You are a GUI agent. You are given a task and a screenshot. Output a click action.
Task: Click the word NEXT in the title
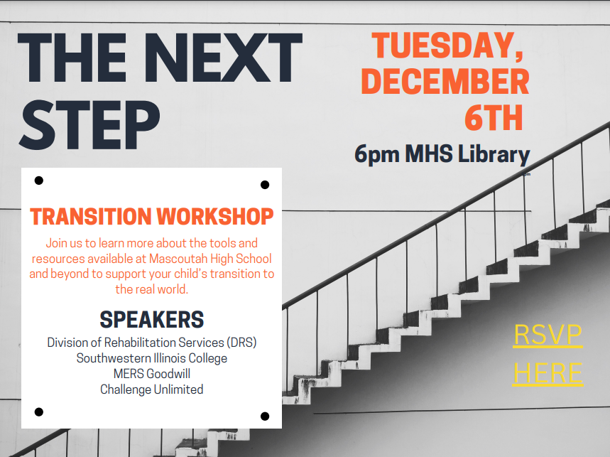(x=224, y=58)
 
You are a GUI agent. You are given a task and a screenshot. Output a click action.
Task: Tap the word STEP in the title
(x=89, y=124)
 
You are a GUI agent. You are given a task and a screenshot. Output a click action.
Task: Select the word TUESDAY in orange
(x=444, y=45)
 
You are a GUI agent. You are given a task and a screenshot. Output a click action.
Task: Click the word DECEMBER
(x=445, y=81)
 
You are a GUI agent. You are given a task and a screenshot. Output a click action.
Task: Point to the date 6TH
(x=494, y=117)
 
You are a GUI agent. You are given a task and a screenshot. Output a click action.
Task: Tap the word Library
(x=494, y=154)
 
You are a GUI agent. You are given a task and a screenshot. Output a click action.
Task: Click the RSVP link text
(x=548, y=335)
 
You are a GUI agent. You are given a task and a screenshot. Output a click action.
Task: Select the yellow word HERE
(x=548, y=373)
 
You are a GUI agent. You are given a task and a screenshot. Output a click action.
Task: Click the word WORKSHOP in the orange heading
(x=215, y=217)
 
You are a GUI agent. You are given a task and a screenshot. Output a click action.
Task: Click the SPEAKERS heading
(x=152, y=320)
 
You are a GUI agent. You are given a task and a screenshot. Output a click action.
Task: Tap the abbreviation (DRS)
(x=242, y=343)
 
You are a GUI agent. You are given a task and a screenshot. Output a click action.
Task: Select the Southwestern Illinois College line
(x=152, y=358)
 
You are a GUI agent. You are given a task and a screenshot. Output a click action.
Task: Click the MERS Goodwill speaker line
(x=152, y=374)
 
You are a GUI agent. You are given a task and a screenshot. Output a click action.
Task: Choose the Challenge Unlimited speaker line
(x=152, y=389)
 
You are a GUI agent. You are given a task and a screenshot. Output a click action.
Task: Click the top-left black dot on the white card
(x=39, y=181)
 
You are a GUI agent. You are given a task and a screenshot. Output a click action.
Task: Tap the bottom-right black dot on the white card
(x=265, y=416)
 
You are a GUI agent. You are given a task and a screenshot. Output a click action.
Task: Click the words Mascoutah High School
(x=210, y=259)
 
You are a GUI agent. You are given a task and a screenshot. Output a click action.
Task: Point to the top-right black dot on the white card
(x=265, y=185)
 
